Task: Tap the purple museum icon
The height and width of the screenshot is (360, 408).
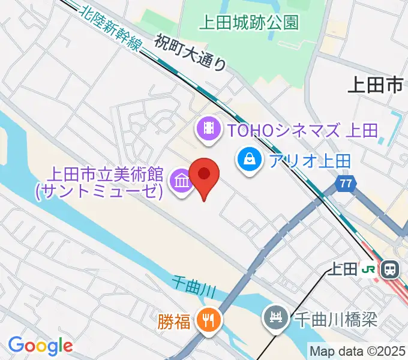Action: tap(180, 179)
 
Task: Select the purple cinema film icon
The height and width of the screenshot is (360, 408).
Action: tap(208, 128)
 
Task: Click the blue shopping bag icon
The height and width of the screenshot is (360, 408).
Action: tap(247, 160)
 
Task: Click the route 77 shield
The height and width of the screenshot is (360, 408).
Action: tap(344, 184)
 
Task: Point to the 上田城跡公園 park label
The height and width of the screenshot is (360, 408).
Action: tap(248, 23)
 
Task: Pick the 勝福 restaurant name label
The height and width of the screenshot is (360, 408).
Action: tap(174, 323)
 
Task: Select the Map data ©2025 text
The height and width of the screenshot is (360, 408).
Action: tap(358, 351)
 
